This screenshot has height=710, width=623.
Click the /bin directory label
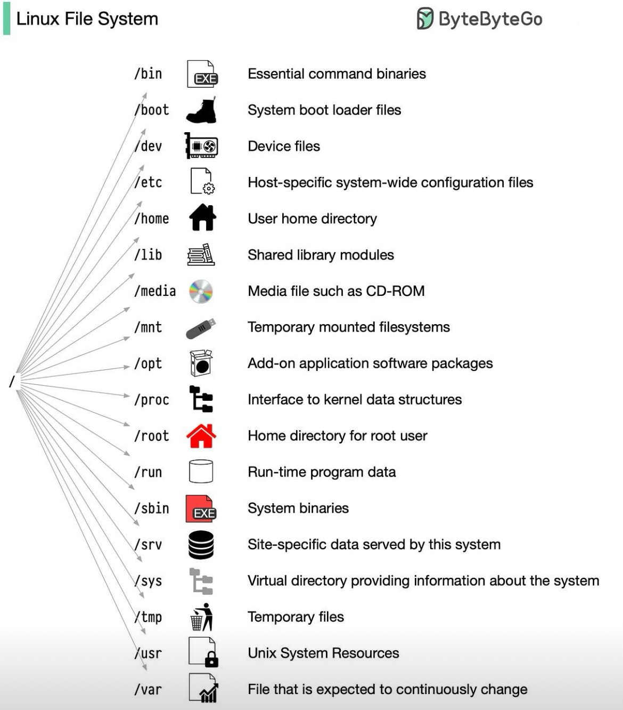[x=148, y=74]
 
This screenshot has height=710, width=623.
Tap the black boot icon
[x=201, y=110]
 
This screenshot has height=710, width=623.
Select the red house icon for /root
[x=201, y=436]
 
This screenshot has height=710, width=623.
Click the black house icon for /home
[x=202, y=217]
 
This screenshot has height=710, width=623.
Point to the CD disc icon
[x=201, y=291]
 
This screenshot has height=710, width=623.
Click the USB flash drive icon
[x=201, y=328]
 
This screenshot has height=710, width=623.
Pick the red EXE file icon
[x=201, y=509]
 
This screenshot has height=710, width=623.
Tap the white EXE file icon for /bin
[x=202, y=74]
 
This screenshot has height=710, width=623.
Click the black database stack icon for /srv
[x=201, y=545]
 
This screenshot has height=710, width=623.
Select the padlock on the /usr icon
[x=211, y=659]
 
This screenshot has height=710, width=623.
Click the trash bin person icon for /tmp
[x=202, y=617]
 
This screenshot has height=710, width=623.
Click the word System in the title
[x=128, y=19]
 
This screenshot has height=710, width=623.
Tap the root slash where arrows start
[x=12, y=381]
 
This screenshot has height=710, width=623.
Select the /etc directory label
[x=148, y=183]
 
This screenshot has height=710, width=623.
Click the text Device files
[x=284, y=146]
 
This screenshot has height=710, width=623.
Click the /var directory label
[x=148, y=690]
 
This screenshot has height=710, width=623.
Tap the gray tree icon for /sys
[x=201, y=582]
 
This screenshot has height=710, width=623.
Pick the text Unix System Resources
[x=323, y=653]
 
